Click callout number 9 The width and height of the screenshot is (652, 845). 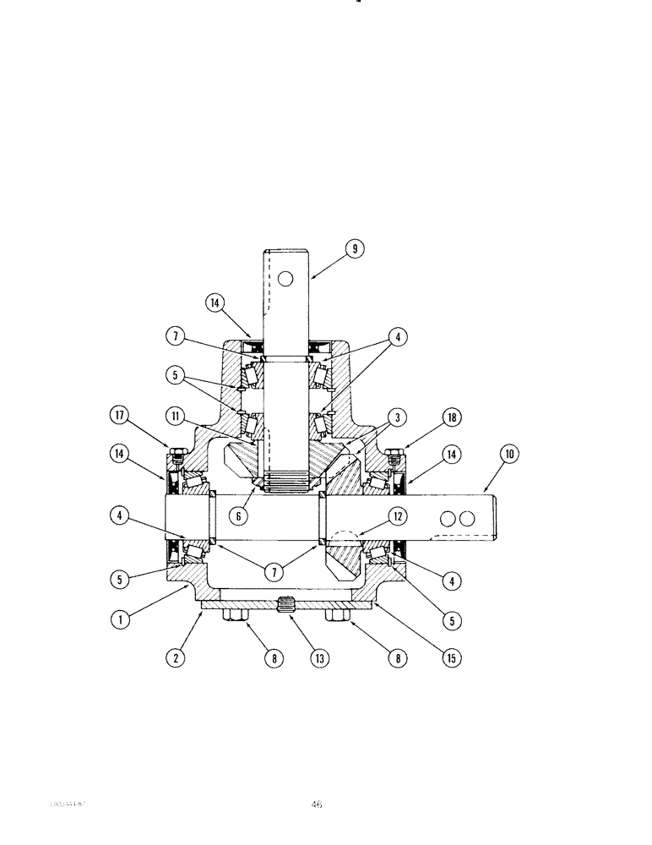point(356,249)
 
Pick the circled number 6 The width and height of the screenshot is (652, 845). point(244,514)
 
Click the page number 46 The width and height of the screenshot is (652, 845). point(317,805)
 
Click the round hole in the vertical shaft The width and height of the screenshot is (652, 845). point(287,278)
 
